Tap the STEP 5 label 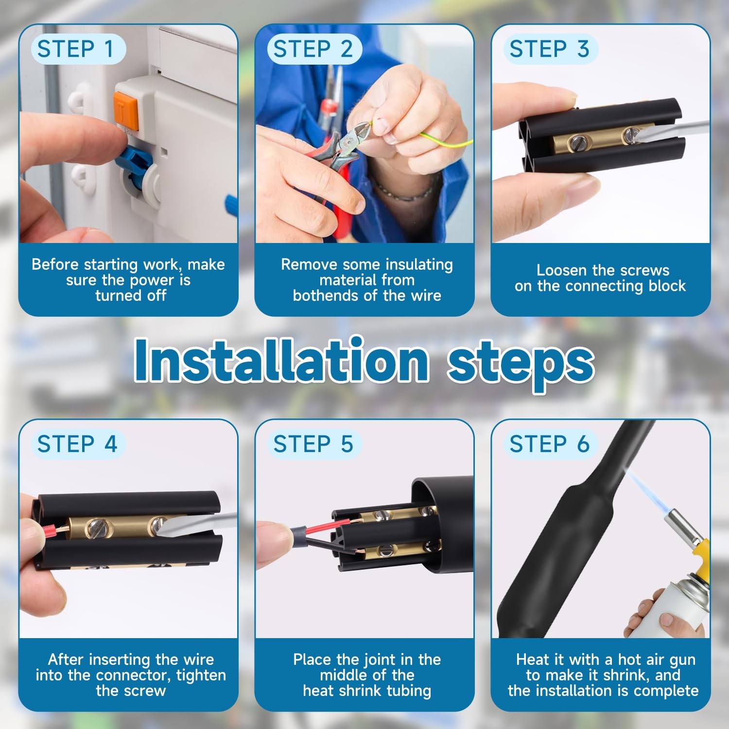[x=313, y=444]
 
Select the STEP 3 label [x=549, y=49]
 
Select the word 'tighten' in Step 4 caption [x=201, y=676]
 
